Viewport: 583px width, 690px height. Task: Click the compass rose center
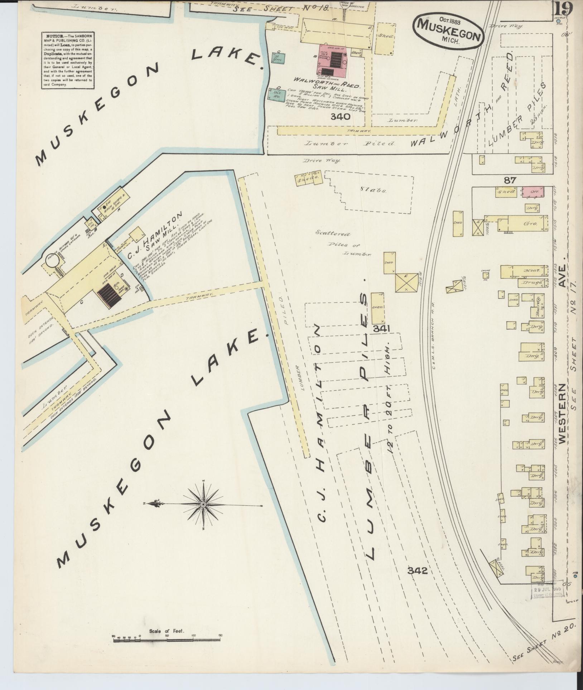(x=203, y=504)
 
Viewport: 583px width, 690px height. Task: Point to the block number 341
(x=382, y=328)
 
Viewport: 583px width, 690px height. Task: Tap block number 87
(x=510, y=180)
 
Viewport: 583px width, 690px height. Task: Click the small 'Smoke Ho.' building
(x=486, y=275)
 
